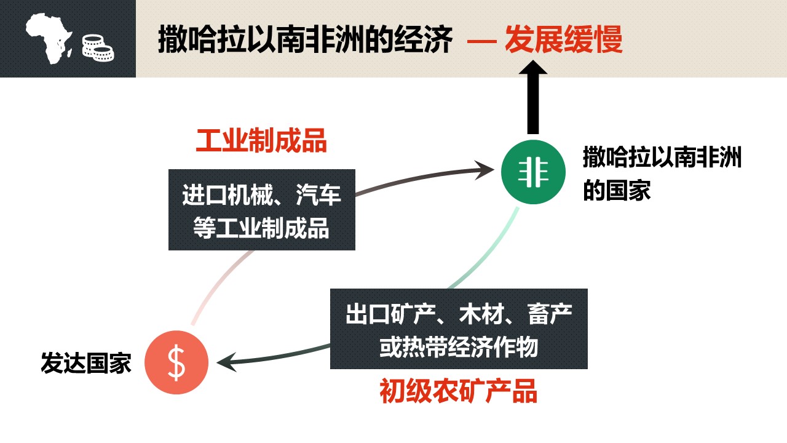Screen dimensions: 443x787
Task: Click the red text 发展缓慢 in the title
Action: coord(563,40)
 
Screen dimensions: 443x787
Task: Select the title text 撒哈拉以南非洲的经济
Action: coord(305,40)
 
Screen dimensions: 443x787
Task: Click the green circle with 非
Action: coord(533,172)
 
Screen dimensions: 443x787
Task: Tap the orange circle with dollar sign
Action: coord(176,363)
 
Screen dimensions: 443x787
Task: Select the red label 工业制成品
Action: coord(261,142)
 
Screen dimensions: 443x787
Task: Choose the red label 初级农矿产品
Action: coord(458,391)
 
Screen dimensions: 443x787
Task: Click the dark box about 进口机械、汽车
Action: coord(261,210)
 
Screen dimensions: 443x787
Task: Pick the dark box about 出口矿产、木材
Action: coord(459,329)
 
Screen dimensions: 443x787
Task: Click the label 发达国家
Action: coord(86,363)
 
